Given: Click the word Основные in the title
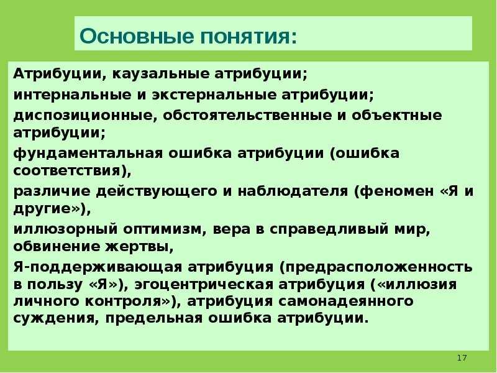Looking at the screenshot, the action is (x=136, y=35).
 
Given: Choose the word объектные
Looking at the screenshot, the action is (x=396, y=116).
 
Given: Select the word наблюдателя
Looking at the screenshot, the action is (x=293, y=191).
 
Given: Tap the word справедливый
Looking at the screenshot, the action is (x=329, y=229).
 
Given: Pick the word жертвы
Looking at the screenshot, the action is (x=139, y=247).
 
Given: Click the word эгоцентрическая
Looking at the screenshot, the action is (x=204, y=285).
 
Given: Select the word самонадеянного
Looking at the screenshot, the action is (x=346, y=302).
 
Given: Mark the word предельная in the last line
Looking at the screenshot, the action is (x=153, y=318).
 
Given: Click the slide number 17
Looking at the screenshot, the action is (x=462, y=358).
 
